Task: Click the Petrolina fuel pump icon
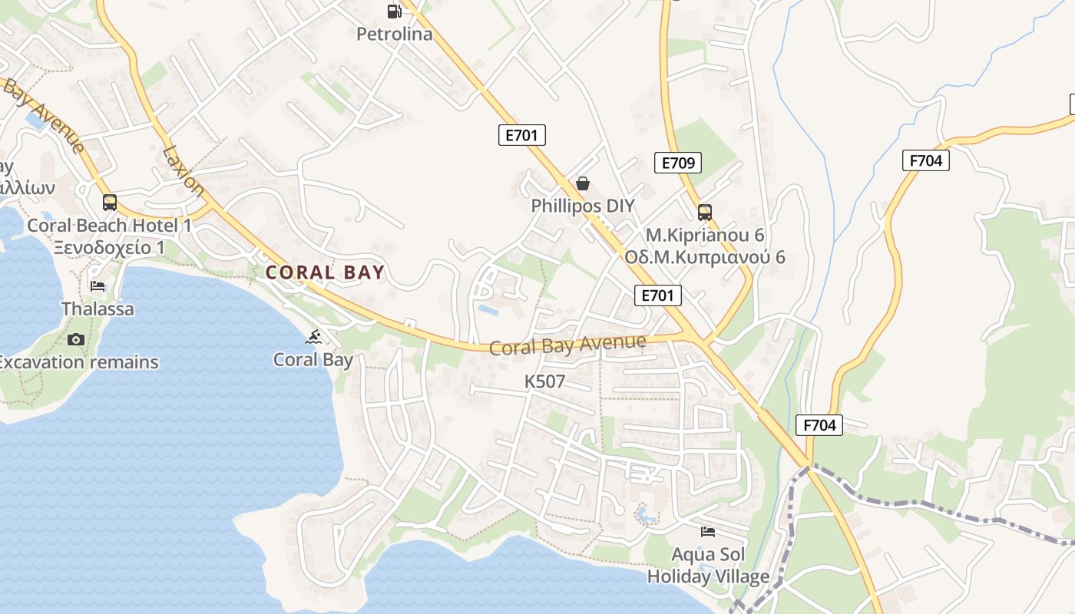pyautogui.click(x=394, y=11)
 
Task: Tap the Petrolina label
pyautogui.click(x=394, y=34)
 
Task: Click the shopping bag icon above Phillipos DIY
pyautogui.click(x=583, y=183)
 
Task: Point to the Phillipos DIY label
pyautogui.click(x=583, y=206)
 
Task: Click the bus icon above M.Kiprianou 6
pyautogui.click(x=704, y=213)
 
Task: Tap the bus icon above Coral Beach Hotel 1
pyautogui.click(x=110, y=203)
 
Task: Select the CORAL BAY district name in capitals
pyautogui.click(x=325, y=272)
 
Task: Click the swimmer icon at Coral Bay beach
pyautogui.click(x=313, y=337)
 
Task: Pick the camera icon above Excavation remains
pyautogui.click(x=75, y=339)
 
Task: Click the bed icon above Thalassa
pyautogui.click(x=98, y=286)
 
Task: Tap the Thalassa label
pyautogui.click(x=98, y=309)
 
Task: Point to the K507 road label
pyautogui.click(x=544, y=381)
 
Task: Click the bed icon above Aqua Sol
pyautogui.click(x=708, y=531)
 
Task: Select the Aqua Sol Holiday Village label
pyautogui.click(x=708, y=565)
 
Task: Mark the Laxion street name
pyautogui.click(x=184, y=170)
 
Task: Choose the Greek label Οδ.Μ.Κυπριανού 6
pyautogui.click(x=705, y=257)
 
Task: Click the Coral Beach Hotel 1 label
pyautogui.click(x=110, y=226)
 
